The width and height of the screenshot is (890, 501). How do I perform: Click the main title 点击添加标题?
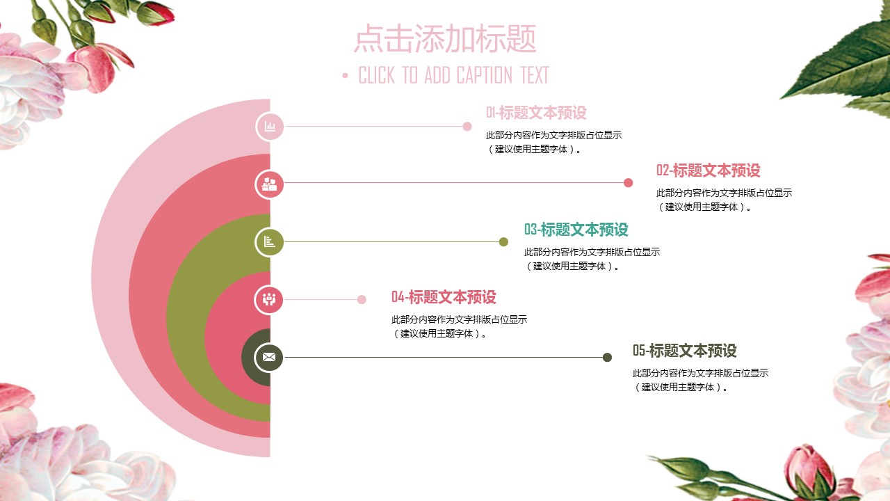click(x=445, y=39)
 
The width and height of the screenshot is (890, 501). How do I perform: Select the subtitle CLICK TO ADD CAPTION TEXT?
click(x=453, y=75)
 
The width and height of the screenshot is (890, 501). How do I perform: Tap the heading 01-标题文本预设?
click(x=536, y=113)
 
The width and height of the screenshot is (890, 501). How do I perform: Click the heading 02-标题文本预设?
click(x=708, y=170)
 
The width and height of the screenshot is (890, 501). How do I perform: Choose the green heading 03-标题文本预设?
click(x=576, y=230)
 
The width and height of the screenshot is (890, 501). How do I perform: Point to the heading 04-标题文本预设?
click(x=444, y=297)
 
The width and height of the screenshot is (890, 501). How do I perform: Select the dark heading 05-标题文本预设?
click(x=684, y=351)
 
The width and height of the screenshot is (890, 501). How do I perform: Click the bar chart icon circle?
click(x=270, y=127)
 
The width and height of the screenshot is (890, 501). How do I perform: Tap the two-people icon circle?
click(x=270, y=184)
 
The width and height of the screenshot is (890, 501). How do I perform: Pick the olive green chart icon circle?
click(x=270, y=242)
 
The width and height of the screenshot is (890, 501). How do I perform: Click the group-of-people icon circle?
click(x=270, y=300)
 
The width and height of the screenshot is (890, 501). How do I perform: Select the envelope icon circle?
click(x=270, y=358)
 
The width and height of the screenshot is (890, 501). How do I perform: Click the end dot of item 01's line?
click(x=467, y=127)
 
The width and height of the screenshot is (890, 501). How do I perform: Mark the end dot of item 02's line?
click(x=629, y=183)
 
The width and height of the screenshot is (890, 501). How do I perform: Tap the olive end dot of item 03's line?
click(x=503, y=242)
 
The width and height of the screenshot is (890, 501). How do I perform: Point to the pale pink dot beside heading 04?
click(x=362, y=300)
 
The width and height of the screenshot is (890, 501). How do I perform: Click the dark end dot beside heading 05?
click(x=607, y=358)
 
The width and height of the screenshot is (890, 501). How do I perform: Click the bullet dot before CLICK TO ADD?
click(x=346, y=76)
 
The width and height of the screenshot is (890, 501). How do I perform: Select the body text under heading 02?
click(x=724, y=200)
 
